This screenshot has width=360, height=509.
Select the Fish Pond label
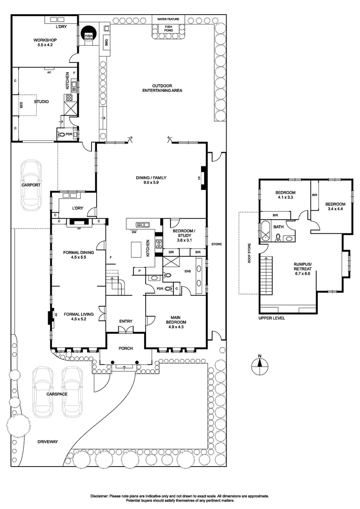169,29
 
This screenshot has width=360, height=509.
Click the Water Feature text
169,19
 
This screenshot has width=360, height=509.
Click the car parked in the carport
31,185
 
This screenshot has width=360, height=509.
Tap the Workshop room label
45,42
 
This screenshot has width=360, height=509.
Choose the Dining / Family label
151,180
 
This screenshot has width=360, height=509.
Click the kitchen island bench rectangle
136,249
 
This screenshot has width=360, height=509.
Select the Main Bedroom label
176,322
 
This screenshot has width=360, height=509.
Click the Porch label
126,348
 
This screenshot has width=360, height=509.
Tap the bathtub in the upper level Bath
265,231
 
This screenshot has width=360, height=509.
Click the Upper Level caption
272,318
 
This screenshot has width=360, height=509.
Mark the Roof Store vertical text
249,253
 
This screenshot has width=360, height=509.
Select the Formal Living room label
79,317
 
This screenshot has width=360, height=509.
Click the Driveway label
48,442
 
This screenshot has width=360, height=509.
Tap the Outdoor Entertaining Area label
162,88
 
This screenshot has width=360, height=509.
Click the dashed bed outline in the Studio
27,105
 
